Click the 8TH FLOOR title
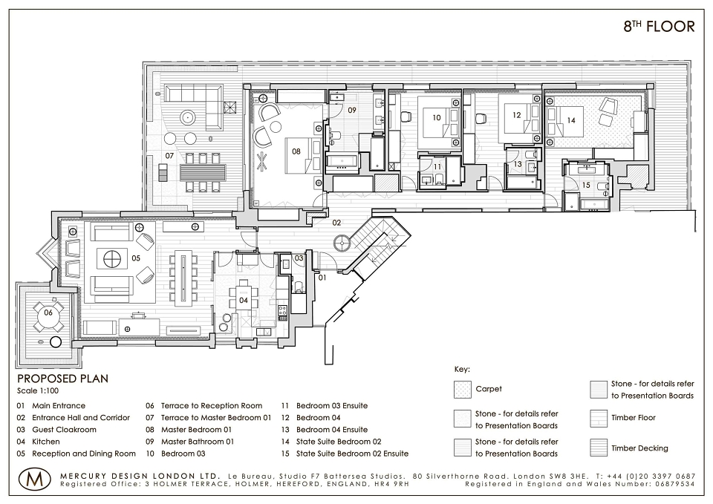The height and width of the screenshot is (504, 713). tap(659, 27)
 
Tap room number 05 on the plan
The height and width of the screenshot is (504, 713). tap(136, 258)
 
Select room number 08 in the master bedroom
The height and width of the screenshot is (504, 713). tap(296, 151)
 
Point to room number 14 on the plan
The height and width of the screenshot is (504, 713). tap(571, 120)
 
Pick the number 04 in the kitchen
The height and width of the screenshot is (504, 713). tap(244, 300)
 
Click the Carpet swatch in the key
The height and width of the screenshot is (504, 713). tap(462, 390)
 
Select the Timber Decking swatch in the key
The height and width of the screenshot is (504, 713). tap(599, 448)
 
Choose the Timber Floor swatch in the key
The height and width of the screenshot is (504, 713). tap(599, 419)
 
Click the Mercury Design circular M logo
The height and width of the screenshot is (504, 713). tap(36, 479)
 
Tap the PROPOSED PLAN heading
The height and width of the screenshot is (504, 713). tap(62, 379)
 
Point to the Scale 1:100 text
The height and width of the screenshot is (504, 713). tap(38, 391)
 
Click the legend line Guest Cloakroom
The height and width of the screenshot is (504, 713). tap(64, 430)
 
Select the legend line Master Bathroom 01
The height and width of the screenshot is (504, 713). tap(198, 442)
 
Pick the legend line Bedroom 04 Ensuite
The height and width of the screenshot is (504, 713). tap(332, 430)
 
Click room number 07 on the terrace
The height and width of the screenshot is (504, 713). tap(169, 156)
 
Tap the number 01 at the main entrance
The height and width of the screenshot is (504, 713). tap(322, 277)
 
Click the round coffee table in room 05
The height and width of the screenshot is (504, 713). tap(110, 260)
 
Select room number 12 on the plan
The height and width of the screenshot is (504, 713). tap(517, 115)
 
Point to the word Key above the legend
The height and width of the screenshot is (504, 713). tap(462, 370)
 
